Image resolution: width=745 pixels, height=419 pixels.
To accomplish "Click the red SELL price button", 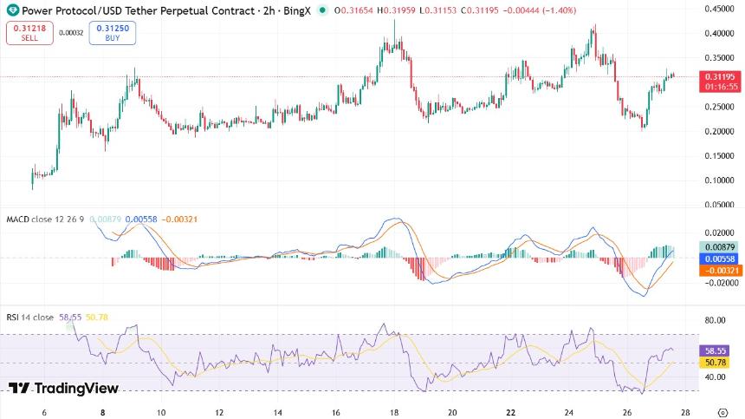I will point(29,33).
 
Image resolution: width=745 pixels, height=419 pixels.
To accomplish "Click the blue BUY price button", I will point(112,33).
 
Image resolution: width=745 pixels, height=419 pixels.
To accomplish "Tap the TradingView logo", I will point(63,389).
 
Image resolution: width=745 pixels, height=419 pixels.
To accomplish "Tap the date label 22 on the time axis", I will point(511,412).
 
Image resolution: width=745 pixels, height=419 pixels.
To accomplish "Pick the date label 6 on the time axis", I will point(44,412).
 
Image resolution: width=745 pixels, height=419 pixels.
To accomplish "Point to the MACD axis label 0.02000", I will point(716,232).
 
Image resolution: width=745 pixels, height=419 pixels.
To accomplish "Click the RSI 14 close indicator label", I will point(30,318).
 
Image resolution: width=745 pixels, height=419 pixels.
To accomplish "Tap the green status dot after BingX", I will point(323,10).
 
